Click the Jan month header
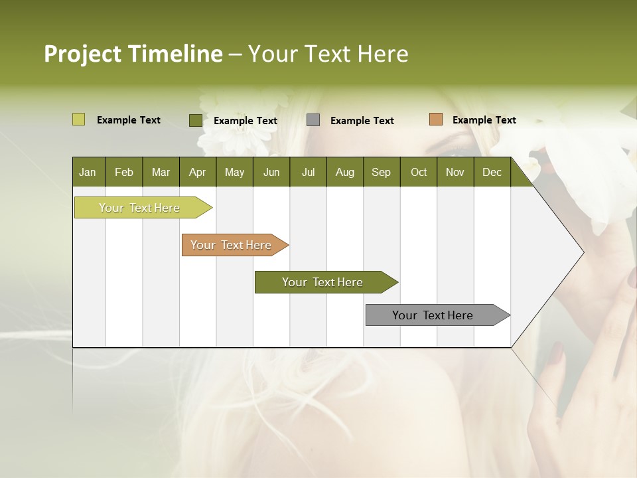[x=88, y=172]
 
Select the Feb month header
[x=124, y=172]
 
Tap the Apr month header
[x=197, y=172]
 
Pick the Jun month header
[x=271, y=172]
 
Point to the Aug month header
[x=344, y=172]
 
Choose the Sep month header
[x=381, y=172]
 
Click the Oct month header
[x=419, y=172]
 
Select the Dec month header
[x=492, y=172]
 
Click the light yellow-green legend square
[x=78, y=119]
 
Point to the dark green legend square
[x=195, y=120]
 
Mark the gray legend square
[x=313, y=119]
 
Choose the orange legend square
[x=435, y=119]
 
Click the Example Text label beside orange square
[x=484, y=120]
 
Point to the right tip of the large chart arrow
[x=582, y=252]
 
